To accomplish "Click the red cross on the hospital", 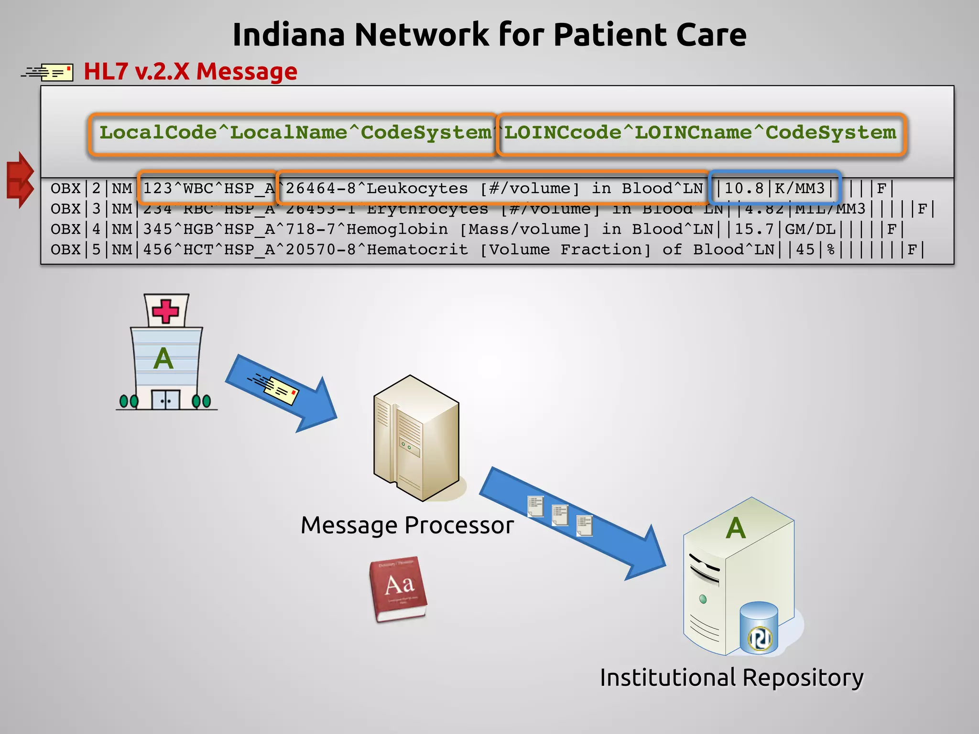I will (165, 311).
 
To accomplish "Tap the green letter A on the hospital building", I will (163, 359).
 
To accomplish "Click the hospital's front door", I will (165, 400).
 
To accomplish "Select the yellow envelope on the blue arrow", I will (281, 390).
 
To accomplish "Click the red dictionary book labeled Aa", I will (398, 589).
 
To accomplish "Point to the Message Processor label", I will (407, 525).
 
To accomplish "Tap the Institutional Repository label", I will (731, 678).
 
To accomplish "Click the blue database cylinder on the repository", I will (759, 627).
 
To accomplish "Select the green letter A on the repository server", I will (736, 528).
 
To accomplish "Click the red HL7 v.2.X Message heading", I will (190, 72).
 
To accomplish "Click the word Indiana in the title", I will (288, 35).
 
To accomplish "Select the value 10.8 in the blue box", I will (744, 188).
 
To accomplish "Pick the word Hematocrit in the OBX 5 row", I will (417, 249).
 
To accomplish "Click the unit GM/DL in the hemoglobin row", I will (810, 229).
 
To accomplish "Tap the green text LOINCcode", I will (563, 132).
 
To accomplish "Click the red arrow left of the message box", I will (20, 180).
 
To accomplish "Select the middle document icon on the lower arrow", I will (560, 515).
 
